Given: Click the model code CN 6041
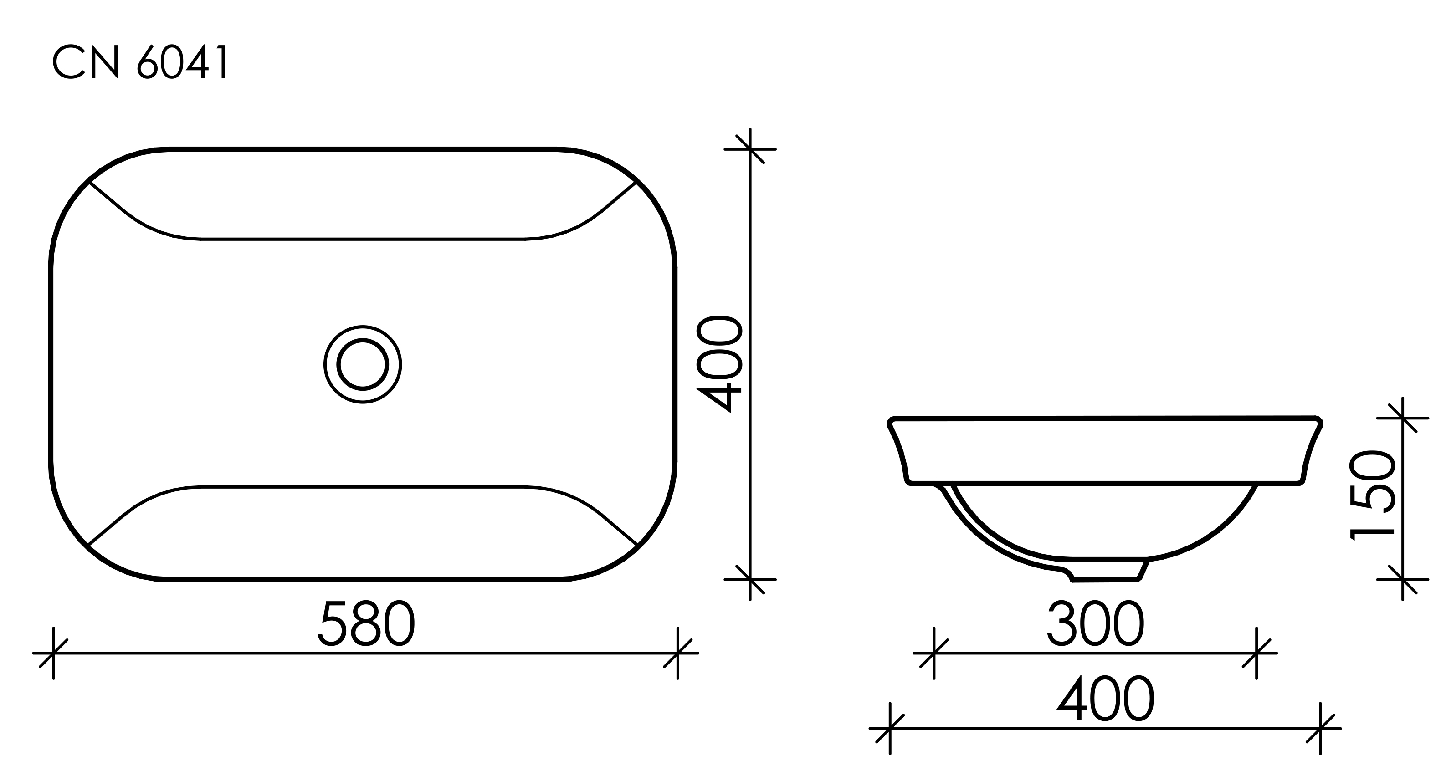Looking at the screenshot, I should click(x=140, y=63).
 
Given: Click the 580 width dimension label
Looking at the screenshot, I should click(x=366, y=624).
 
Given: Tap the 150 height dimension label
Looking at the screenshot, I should click(x=1371, y=495).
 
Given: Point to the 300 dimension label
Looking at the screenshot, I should click(x=1095, y=624).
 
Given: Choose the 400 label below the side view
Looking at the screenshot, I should click(x=1105, y=699).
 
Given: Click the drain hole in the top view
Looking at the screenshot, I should click(x=363, y=364).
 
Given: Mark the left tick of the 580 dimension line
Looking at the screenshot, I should click(x=53, y=653).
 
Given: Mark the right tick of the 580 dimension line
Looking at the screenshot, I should click(x=677, y=653).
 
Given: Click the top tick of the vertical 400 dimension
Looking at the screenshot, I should click(x=750, y=149).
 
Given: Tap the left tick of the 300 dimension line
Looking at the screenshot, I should click(x=934, y=653).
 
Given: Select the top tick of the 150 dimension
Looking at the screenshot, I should click(x=1403, y=418).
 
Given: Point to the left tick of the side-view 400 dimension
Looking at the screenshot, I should click(x=890, y=728).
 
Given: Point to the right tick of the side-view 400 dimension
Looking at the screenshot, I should click(x=1320, y=728).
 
